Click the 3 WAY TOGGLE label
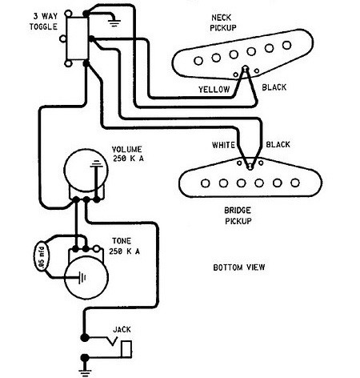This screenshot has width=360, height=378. tap(43, 22)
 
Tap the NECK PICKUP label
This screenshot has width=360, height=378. tap(223, 22)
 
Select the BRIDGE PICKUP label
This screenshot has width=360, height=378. tap(238, 215)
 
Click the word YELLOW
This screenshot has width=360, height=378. tap(214, 89)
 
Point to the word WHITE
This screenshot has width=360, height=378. tap(223, 145)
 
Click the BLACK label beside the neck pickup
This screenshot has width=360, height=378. tap(274, 87)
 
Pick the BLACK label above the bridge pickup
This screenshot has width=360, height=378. tap(278, 144)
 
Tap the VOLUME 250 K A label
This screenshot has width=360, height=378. tap(127, 154)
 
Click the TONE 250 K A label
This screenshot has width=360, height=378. tap(124, 246)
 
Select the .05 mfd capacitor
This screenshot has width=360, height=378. tap(42, 255)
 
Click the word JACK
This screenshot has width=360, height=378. tap(122, 329)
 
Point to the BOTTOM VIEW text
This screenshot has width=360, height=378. tap(239, 267)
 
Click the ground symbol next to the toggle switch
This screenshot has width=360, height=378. tap(114, 22)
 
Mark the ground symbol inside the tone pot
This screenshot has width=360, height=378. tap(82, 278)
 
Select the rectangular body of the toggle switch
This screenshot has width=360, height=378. tap(78, 38)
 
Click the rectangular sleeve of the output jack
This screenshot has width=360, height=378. tap(126, 349)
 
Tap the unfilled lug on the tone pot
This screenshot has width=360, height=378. tap(97, 249)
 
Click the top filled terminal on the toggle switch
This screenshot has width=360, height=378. tap(86, 14)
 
